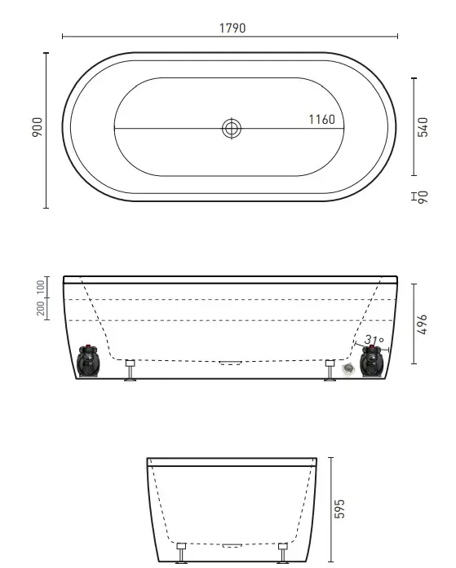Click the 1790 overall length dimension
[x=232, y=29]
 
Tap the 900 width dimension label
[x=38, y=127]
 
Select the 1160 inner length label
[x=322, y=120]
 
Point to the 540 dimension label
[x=423, y=127]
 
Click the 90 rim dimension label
[x=423, y=197]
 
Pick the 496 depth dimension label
[x=422, y=324]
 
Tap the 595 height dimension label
[x=339, y=509]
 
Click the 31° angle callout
[x=374, y=340]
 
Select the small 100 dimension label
[x=41, y=287]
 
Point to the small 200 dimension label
[x=41, y=308]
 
